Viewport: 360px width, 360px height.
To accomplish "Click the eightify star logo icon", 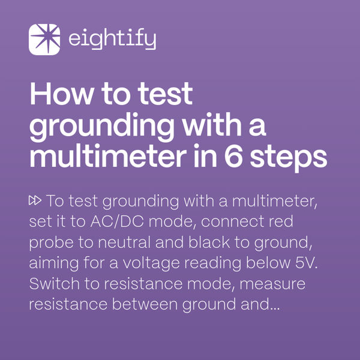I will tap(44, 40).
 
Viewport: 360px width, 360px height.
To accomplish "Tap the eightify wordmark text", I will tap(112, 40).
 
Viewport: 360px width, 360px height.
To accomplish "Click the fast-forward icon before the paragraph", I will tap(35, 200).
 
